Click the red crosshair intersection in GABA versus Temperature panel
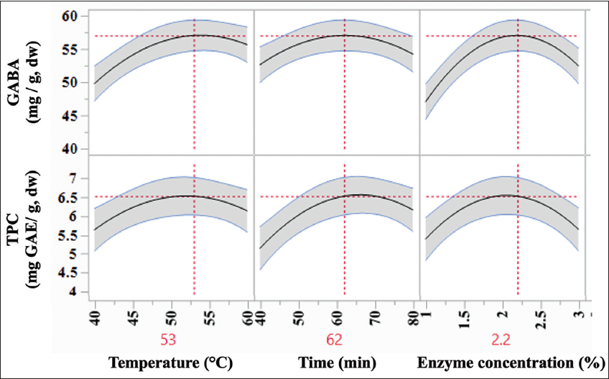click(x=195, y=35)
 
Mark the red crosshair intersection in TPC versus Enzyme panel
click(x=518, y=196)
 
